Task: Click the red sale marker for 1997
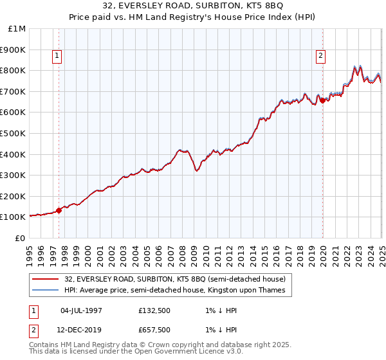(x=59, y=210)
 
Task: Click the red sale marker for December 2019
(x=322, y=99)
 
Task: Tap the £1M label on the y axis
(x=17, y=29)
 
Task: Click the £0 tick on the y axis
(x=20, y=238)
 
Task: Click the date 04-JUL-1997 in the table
(x=81, y=310)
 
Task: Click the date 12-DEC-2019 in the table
(x=81, y=329)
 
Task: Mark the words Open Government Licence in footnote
(x=179, y=353)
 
